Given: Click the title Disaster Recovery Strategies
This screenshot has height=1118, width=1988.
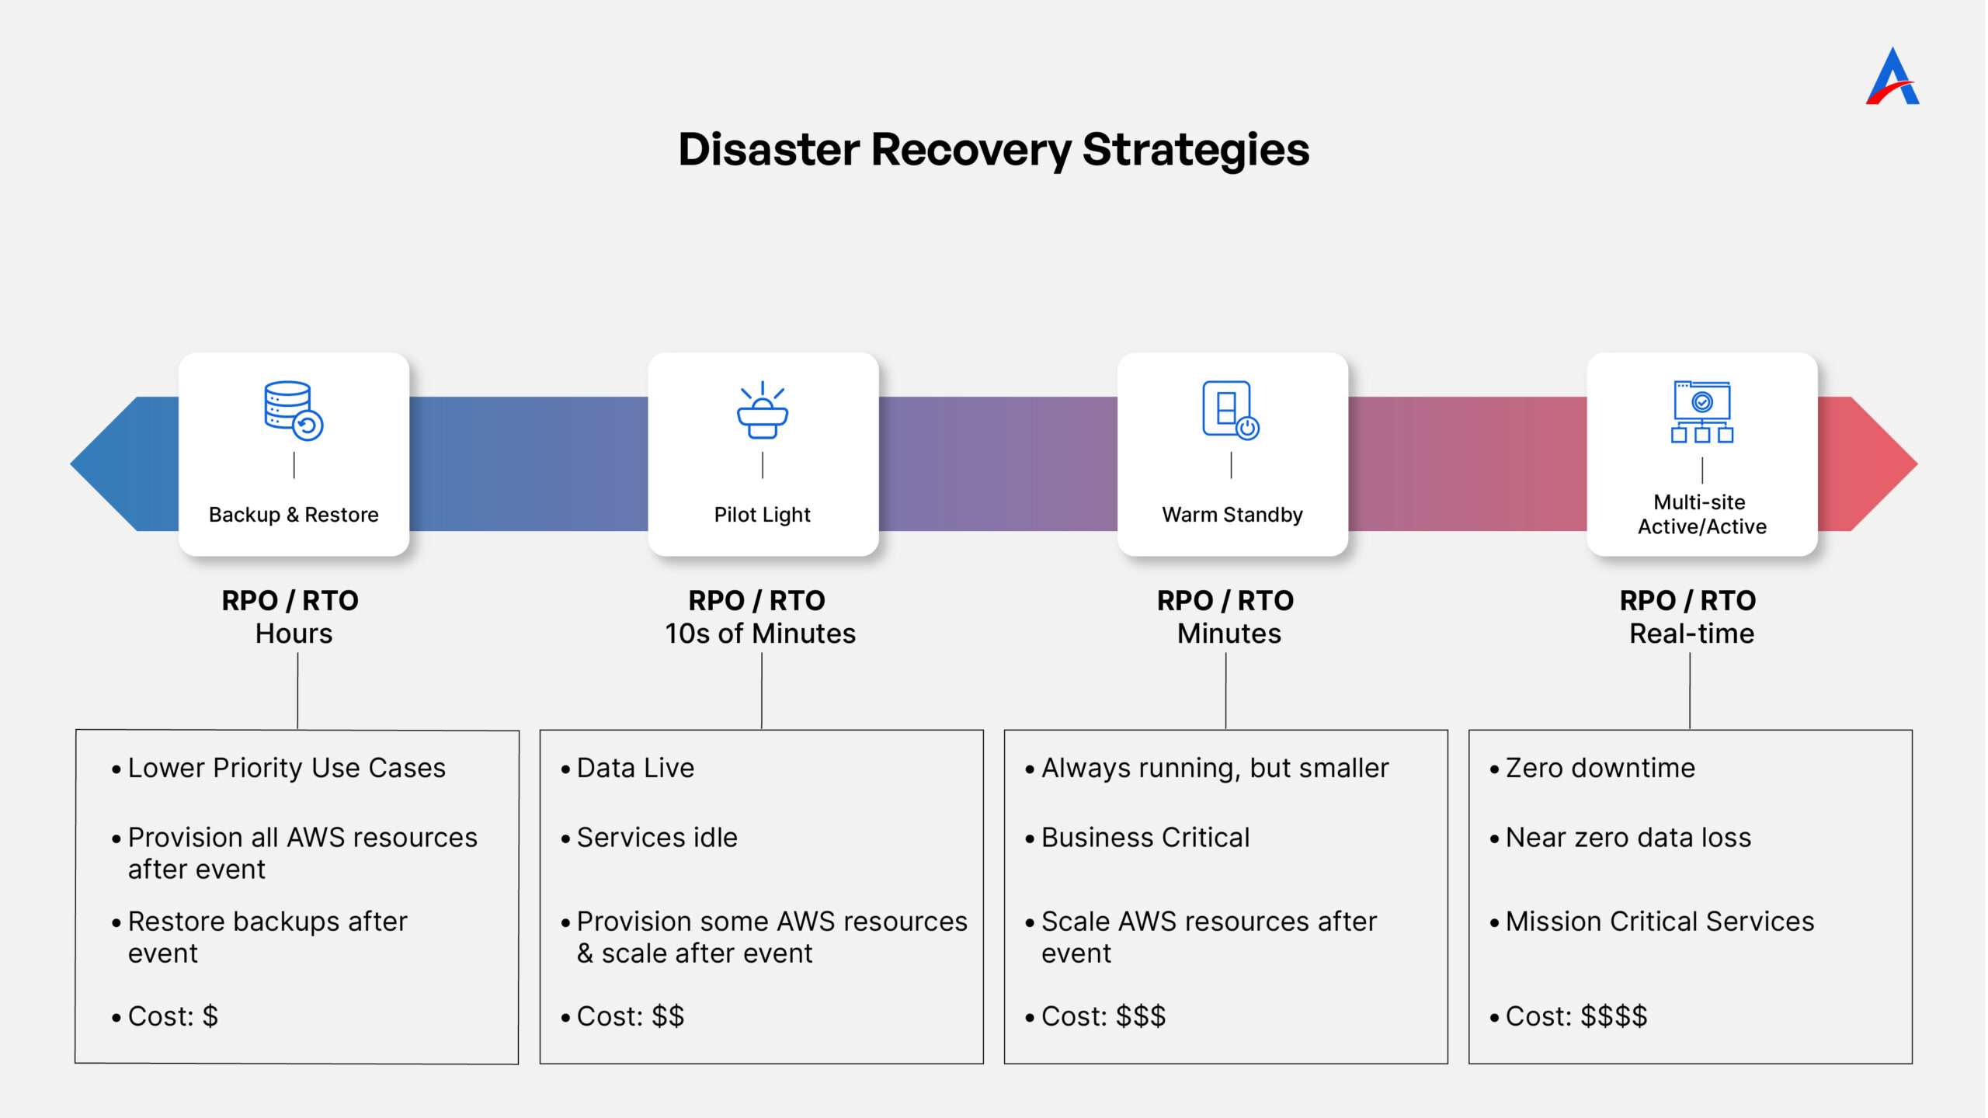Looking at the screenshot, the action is point(993,149).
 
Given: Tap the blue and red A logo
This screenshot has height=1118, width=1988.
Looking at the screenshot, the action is point(1892,76).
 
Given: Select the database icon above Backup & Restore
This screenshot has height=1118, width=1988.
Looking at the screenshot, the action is point(294,411).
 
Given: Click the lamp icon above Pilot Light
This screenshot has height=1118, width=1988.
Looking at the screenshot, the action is point(762,410).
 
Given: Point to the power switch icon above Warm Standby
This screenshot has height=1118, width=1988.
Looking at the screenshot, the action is point(1231,411).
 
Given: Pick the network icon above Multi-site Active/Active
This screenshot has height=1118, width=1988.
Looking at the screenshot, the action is point(1702,411).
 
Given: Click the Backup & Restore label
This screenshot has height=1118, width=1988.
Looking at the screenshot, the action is point(294,515).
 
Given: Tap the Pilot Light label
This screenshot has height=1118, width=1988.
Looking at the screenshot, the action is point(762,515).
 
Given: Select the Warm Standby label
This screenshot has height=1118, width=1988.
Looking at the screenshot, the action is point(1232,515).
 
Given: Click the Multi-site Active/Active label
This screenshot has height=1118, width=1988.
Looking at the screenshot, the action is point(1701,514).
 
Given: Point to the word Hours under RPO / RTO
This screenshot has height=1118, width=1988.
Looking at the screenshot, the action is point(294,634).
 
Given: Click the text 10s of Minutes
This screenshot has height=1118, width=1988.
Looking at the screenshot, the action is point(760,634).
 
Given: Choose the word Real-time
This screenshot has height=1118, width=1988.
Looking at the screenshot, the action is point(1691,634).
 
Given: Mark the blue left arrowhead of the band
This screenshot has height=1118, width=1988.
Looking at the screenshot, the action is point(124,464).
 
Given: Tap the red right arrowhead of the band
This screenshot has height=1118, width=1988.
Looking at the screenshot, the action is point(1868,464).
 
